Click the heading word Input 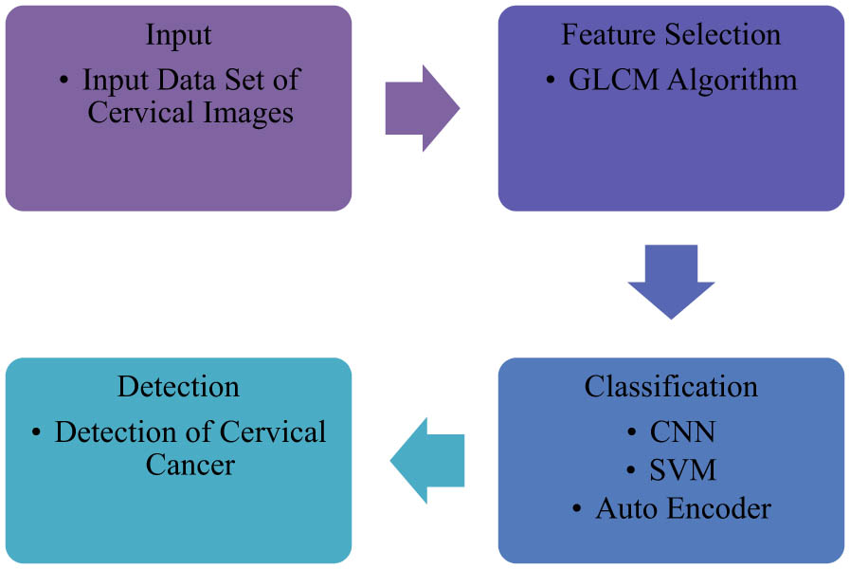[x=178, y=35]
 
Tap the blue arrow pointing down [x=671, y=282]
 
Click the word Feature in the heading [x=606, y=35]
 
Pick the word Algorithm [x=732, y=80]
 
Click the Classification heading [x=671, y=387]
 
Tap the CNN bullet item [x=682, y=432]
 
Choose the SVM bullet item [x=682, y=470]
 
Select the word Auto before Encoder [x=625, y=508]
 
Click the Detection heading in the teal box [x=178, y=387]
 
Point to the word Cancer [x=190, y=465]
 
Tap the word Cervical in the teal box [x=273, y=432]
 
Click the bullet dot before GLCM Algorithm [x=552, y=82]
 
